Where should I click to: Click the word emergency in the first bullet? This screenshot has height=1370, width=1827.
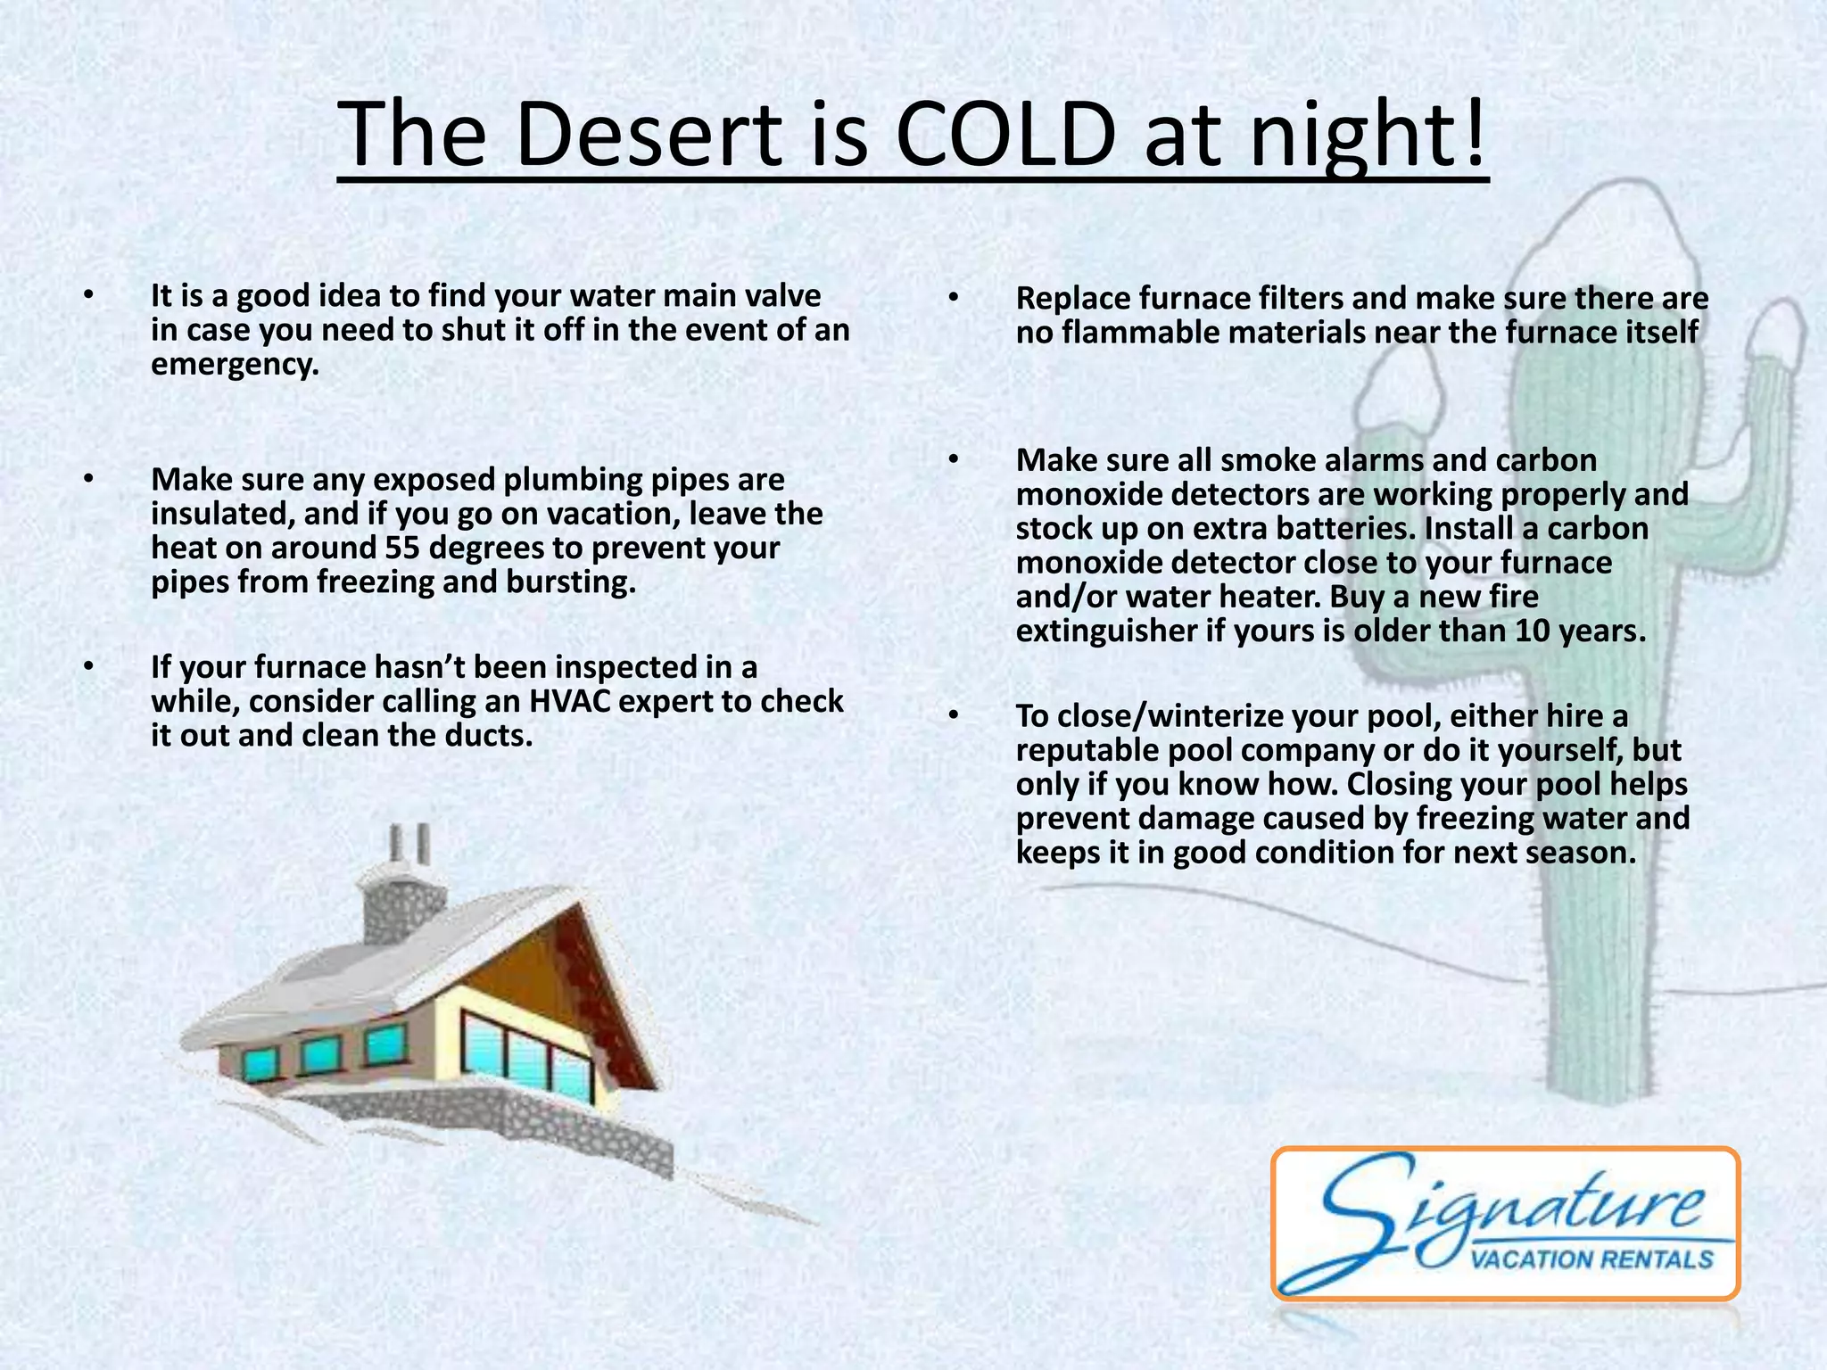coord(234,364)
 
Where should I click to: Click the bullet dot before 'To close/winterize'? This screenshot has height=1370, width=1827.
coord(954,715)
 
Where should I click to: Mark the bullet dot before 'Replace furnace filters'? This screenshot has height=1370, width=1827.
coord(954,297)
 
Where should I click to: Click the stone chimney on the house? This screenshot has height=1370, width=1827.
coord(400,901)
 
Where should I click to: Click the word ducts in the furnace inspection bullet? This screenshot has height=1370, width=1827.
coord(488,736)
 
